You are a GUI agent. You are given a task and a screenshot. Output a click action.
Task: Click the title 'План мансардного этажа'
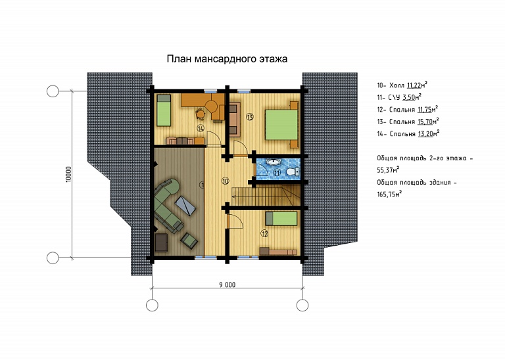[227, 59]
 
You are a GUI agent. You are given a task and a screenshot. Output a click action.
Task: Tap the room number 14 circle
[201, 129]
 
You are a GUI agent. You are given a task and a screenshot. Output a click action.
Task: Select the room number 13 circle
[250, 116]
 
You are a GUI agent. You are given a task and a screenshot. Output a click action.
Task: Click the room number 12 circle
[265, 234]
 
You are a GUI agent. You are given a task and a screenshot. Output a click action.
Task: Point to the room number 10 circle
[226, 181]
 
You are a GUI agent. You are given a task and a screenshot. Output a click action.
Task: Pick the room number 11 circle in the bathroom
[277, 173]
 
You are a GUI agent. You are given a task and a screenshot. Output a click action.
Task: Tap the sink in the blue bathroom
[274, 162]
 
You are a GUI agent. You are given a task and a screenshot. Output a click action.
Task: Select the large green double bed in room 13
[281, 125]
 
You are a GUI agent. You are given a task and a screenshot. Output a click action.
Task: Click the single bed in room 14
[164, 110]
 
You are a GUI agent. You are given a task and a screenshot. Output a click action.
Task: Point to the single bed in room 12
[281, 219]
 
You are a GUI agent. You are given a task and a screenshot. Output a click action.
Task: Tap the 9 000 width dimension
[228, 284]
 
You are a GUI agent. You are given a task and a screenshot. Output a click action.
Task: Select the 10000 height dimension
[68, 174]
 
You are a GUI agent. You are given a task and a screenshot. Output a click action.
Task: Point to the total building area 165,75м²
[389, 194]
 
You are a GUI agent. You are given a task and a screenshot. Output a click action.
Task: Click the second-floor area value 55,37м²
[389, 170]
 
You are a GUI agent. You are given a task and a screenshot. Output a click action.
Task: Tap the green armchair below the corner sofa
[189, 240]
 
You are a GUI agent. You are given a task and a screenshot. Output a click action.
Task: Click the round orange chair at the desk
[201, 113]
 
